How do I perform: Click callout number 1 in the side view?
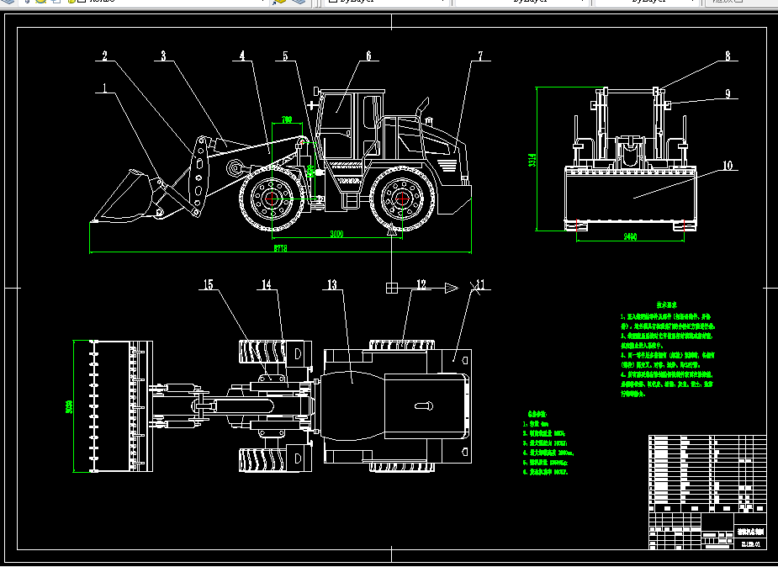(x=105, y=87)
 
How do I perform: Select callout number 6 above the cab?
(x=368, y=56)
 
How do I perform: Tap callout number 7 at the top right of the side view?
(x=480, y=56)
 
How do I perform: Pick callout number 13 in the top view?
(x=332, y=286)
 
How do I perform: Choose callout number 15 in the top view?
(x=207, y=285)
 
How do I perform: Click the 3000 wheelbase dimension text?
(x=336, y=233)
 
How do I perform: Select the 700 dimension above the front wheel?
(x=287, y=120)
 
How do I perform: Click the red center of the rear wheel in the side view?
(x=403, y=199)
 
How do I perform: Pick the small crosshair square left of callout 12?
(x=391, y=288)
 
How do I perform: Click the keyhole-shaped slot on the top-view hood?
(x=421, y=405)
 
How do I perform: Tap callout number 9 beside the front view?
(x=728, y=94)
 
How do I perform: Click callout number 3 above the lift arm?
(x=163, y=56)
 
